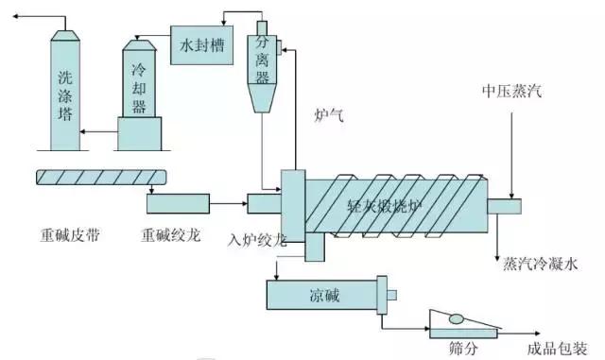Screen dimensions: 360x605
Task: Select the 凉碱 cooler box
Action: [x=322, y=296]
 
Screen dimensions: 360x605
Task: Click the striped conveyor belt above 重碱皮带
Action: [x=100, y=177]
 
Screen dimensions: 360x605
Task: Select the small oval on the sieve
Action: [x=457, y=319]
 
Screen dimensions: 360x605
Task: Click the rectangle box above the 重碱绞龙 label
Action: [x=178, y=201]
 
